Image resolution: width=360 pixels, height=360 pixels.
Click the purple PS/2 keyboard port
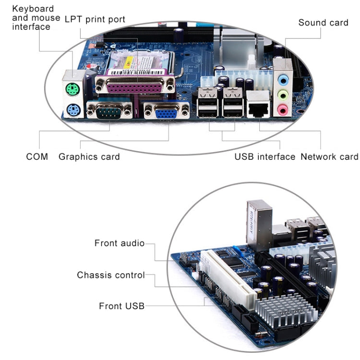tap(72, 109)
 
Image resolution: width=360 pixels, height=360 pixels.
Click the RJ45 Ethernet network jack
tap(259, 108)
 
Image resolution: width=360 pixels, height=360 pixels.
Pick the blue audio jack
tap(284, 79)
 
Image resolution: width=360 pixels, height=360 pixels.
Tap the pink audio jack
tap(284, 110)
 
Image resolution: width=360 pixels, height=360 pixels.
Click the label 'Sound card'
tap(323, 23)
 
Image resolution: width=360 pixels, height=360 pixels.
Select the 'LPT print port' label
tap(95, 19)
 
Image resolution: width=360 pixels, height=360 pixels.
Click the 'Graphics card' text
tap(89, 156)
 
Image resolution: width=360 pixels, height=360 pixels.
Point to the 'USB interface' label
tap(264, 156)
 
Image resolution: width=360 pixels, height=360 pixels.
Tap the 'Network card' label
tap(329, 156)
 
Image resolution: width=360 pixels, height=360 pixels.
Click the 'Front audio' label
tap(119, 243)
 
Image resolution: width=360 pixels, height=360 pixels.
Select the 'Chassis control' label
tap(110, 275)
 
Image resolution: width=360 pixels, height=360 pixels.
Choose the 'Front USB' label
tap(121, 306)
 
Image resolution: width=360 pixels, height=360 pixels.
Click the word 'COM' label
tap(37, 156)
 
